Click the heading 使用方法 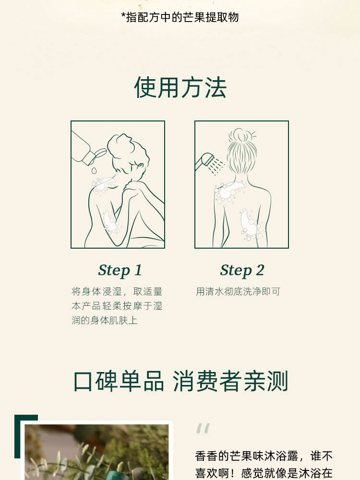click(180, 87)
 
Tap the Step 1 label click(120, 270)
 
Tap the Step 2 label click(242, 270)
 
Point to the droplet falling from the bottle click(94, 170)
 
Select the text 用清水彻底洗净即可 click(238, 291)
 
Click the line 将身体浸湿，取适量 click(117, 291)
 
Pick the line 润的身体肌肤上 click(104, 320)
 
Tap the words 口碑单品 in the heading click(119, 381)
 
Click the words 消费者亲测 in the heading click(230, 381)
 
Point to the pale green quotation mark click(203, 428)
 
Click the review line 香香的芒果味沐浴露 click(246, 456)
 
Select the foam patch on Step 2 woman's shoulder click(229, 192)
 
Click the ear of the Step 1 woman click(141, 167)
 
